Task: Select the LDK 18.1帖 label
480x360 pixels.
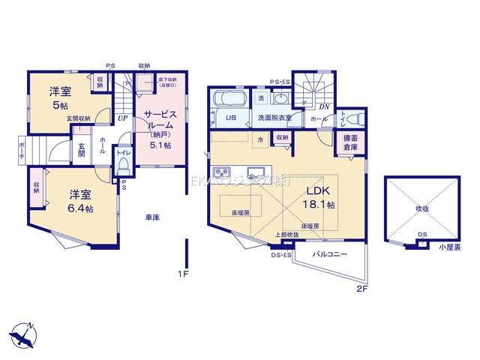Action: click(318, 196)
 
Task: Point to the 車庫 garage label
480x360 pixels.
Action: click(153, 217)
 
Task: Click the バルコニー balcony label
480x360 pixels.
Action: click(330, 255)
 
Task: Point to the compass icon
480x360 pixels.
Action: click(23, 334)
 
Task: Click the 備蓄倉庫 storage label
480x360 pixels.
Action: click(351, 142)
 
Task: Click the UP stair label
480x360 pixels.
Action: click(121, 118)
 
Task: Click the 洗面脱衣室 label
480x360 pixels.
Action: click(275, 118)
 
